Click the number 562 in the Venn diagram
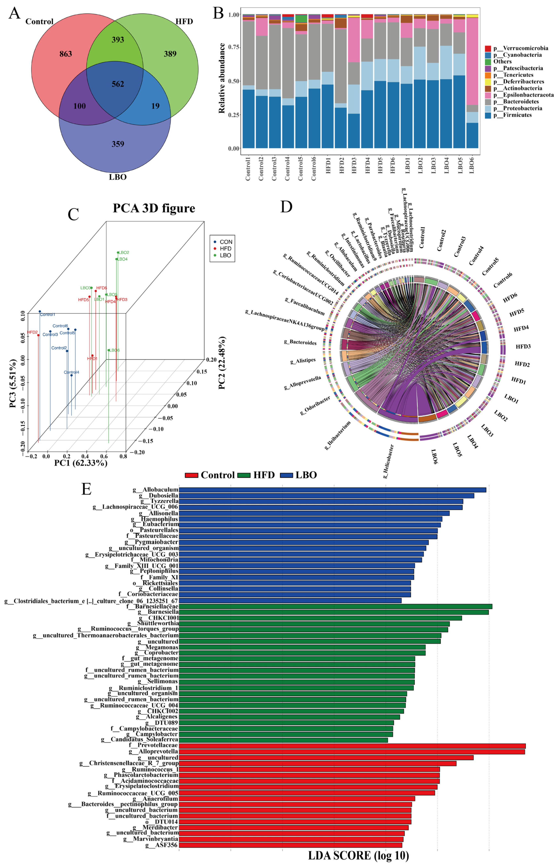click(x=118, y=84)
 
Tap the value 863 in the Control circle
click(x=66, y=54)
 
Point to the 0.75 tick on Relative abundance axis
click(x=234, y=47)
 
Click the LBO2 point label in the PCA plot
click(x=124, y=253)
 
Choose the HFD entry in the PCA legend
click(x=225, y=249)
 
